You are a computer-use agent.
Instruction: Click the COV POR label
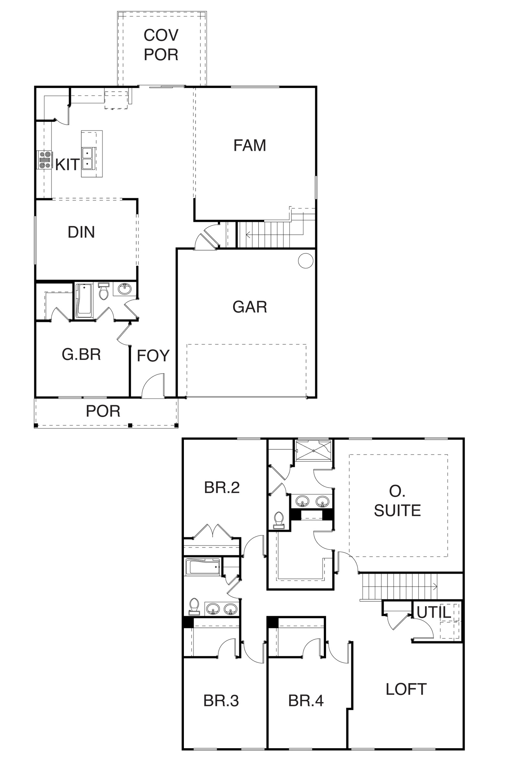click(x=161, y=45)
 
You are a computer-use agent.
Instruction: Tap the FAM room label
click(x=250, y=145)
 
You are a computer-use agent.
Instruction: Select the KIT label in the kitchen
click(x=67, y=164)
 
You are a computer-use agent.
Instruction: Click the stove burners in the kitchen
click(x=45, y=160)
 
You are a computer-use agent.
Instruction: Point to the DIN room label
click(x=81, y=232)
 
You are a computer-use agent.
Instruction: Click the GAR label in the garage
click(x=250, y=307)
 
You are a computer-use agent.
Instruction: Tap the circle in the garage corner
click(x=306, y=261)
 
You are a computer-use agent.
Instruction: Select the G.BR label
click(x=81, y=355)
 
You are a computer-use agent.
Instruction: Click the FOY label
click(x=153, y=356)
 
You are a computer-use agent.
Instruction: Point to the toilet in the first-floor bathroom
click(x=104, y=291)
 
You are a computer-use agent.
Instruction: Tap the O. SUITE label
click(x=398, y=501)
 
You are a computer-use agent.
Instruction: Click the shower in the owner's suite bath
click(x=313, y=450)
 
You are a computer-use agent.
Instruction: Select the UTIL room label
click(x=434, y=613)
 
